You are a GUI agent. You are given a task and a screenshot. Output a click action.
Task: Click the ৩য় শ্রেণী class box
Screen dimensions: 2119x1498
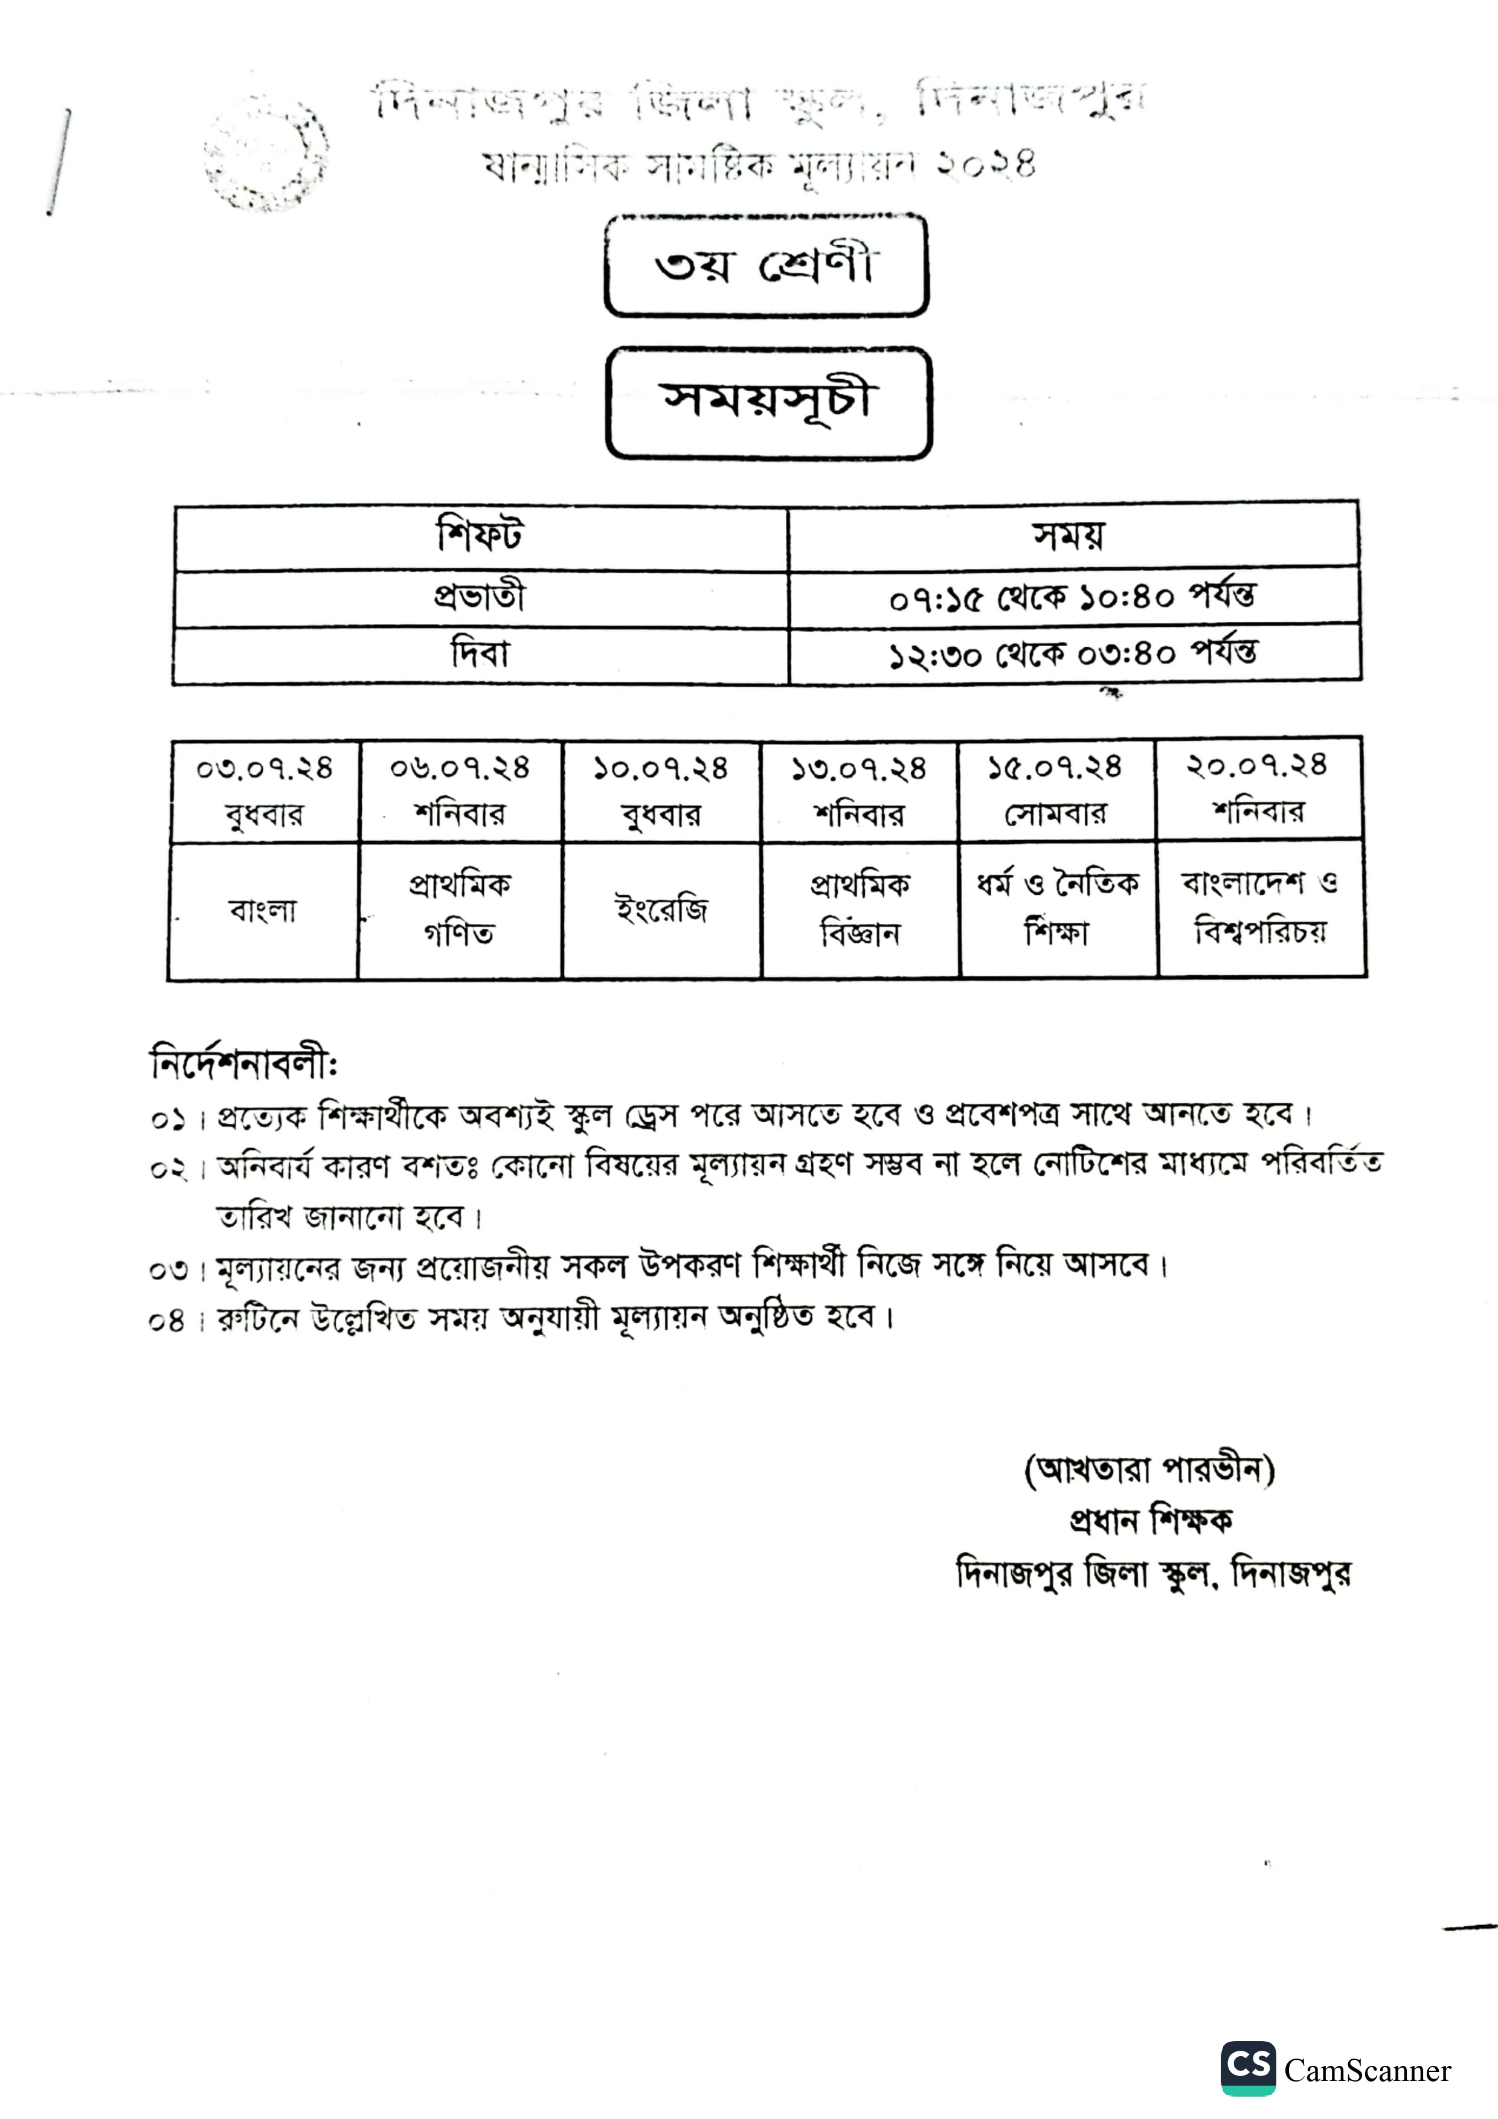click(x=765, y=266)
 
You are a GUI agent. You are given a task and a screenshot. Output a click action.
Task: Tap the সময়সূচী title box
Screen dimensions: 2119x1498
click(x=768, y=402)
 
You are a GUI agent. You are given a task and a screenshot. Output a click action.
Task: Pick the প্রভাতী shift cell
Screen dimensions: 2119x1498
click(x=480, y=597)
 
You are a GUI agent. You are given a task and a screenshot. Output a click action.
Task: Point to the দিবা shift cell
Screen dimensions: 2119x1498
click(x=480, y=655)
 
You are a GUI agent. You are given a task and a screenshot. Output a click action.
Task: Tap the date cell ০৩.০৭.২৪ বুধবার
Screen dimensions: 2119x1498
click(x=264, y=791)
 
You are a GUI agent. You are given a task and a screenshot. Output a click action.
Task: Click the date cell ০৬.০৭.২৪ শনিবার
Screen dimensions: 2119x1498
click(x=460, y=791)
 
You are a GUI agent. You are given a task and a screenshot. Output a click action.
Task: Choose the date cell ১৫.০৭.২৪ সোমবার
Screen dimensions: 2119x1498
click(x=1056, y=790)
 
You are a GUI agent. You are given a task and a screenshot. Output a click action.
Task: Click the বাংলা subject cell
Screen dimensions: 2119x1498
click(x=263, y=911)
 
